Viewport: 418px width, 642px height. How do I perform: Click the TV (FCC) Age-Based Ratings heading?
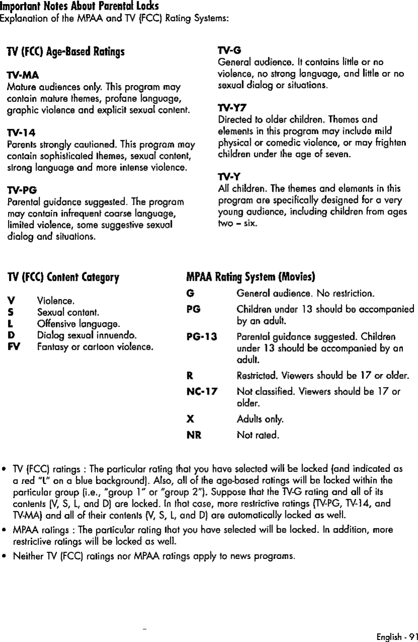65,52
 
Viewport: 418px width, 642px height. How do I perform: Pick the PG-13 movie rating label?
201,338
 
